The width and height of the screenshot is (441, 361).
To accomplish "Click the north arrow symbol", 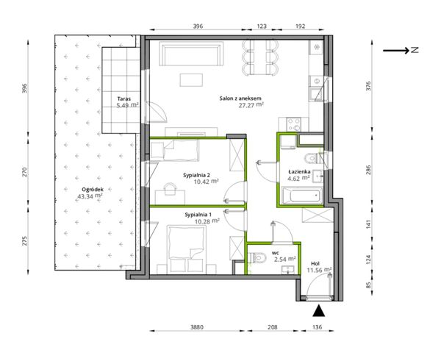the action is click(401, 51).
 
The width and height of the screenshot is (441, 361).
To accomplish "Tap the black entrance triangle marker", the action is click(319, 310).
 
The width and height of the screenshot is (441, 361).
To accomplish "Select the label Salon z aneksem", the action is click(240, 99).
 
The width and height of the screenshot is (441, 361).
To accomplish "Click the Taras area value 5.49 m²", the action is click(127, 105).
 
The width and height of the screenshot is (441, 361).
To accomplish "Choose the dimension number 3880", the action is click(196, 327).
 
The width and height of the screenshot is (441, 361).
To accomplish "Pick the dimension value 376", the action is click(369, 86).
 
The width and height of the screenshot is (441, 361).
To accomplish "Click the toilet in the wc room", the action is click(258, 257).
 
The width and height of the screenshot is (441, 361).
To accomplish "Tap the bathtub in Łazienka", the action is click(302, 196).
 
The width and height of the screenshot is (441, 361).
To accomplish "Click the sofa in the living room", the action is click(191, 54).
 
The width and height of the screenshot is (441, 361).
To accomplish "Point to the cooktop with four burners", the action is click(293, 124).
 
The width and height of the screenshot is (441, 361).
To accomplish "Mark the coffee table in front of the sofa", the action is click(191, 80).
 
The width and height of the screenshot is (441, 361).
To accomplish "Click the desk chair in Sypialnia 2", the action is click(170, 189).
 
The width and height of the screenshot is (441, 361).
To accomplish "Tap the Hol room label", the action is click(315, 264).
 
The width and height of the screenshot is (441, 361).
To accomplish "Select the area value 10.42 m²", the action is click(206, 182).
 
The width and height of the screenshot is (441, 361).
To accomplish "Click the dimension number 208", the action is click(272, 327).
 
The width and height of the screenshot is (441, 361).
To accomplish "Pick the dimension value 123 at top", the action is click(262, 26).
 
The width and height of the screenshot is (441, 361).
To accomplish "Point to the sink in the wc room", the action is click(288, 270).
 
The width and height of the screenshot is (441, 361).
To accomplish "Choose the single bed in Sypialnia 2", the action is click(175, 151).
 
